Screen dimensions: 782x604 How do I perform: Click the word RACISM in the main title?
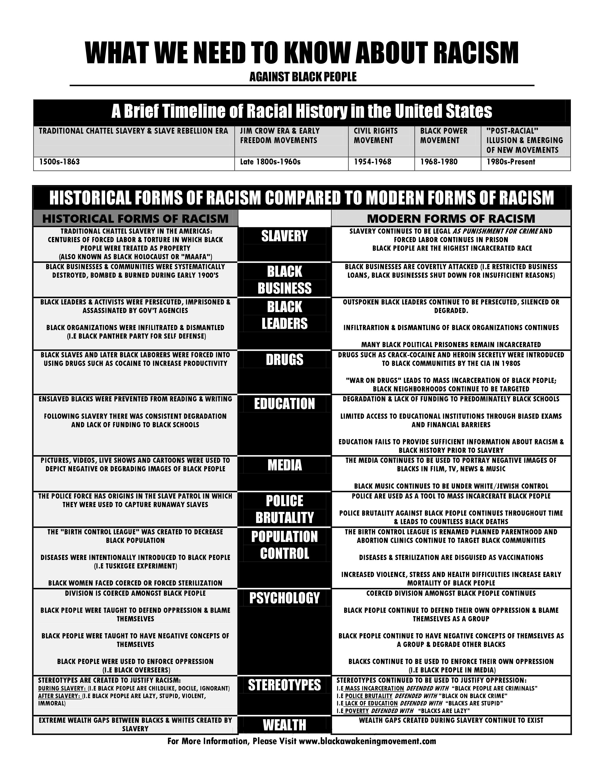pos(476,53)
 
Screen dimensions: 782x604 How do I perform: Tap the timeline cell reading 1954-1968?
pos(373,162)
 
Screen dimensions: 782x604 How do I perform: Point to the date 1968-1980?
pos(439,162)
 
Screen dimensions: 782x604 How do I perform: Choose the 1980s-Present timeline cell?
pos(511,162)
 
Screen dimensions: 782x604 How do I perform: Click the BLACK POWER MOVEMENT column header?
pos(444,136)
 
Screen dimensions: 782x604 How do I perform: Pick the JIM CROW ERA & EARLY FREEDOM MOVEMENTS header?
pos(280,136)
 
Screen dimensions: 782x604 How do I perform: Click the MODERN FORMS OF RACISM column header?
pos(451,218)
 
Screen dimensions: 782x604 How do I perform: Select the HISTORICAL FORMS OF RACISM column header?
pos(135,218)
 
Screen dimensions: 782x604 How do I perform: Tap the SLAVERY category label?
pos(284,236)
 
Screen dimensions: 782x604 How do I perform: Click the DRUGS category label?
pos(284,359)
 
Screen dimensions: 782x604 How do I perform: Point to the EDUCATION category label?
pos(284,404)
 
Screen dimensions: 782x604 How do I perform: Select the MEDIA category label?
pos(284,465)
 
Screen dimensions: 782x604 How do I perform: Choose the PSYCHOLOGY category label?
pos(284,598)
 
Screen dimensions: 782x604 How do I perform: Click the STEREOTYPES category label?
pos(284,685)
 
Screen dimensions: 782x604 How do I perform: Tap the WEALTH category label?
pos(284,725)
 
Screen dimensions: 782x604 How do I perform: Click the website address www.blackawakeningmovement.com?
pos(367,741)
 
